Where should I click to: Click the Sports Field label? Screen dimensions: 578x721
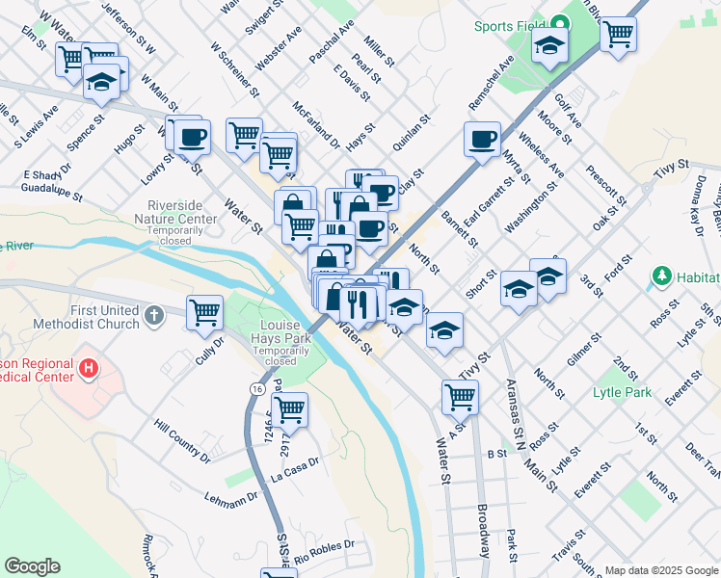point(508,26)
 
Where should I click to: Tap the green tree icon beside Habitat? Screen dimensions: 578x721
point(661,276)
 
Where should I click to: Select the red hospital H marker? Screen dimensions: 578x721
point(88,367)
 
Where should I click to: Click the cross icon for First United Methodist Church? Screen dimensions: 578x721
point(153,315)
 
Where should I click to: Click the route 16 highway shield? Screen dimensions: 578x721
point(254,388)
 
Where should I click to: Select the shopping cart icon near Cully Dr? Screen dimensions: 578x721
point(205,312)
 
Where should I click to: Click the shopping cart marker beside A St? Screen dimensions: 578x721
point(461,395)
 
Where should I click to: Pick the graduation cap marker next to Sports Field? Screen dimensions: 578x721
point(550,44)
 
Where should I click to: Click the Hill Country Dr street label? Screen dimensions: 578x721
point(182,438)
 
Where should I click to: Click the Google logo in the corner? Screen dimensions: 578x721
point(32,566)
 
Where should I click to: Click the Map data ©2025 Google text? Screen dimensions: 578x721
point(660,570)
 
